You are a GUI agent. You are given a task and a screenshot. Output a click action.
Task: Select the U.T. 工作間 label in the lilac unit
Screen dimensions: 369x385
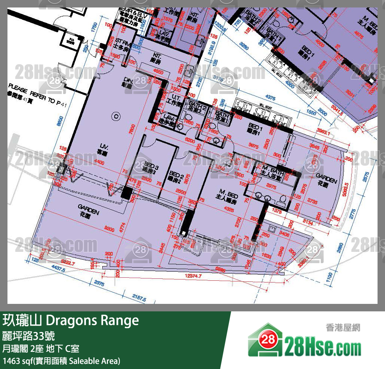pyautogui.click(x=174, y=98)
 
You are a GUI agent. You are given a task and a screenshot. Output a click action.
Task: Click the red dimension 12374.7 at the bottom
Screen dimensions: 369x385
pyautogui.click(x=192, y=277)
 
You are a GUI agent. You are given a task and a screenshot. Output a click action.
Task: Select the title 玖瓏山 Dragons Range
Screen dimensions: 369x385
pyautogui.click(x=71, y=320)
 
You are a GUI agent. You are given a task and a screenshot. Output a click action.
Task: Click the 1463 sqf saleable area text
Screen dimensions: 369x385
pyautogui.click(x=62, y=361)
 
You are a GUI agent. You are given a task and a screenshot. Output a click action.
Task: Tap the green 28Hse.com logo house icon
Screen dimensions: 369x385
pyautogui.click(x=264, y=340)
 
